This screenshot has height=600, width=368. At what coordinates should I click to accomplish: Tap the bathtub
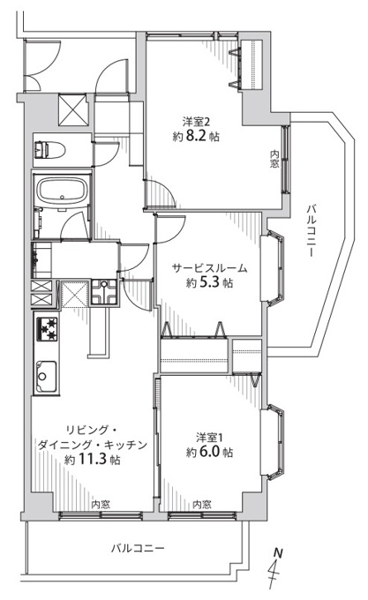coord(62,191)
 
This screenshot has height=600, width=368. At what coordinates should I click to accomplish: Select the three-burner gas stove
coord(47,329)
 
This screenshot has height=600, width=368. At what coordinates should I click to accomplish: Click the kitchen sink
coord(46,377)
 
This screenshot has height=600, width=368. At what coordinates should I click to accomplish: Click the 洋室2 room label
coord(196,123)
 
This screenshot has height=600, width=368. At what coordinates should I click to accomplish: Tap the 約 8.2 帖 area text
coord(196,136)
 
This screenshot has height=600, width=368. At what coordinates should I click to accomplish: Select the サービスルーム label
coord(210,268)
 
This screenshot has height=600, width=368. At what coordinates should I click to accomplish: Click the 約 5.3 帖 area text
coord(210,282)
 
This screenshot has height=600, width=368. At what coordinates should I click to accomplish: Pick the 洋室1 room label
coord(209,437)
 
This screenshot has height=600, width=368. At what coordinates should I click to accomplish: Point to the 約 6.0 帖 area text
coord(210,452)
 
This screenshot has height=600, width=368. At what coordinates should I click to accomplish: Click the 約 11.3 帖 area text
coord(92,459)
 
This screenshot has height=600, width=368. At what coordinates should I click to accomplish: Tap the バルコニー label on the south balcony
coord(138,548)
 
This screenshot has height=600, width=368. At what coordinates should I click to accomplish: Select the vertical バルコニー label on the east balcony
coord(311,230)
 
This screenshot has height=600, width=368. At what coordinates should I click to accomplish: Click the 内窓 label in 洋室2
coord(274,159)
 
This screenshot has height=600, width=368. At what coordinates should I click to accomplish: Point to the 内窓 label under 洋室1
coord(201,505)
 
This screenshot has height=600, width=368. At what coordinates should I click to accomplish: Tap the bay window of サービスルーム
coord(273,268)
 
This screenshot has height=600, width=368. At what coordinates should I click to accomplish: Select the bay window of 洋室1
coord(273,442)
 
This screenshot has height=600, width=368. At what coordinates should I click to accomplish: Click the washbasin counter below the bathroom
coord(41,260)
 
